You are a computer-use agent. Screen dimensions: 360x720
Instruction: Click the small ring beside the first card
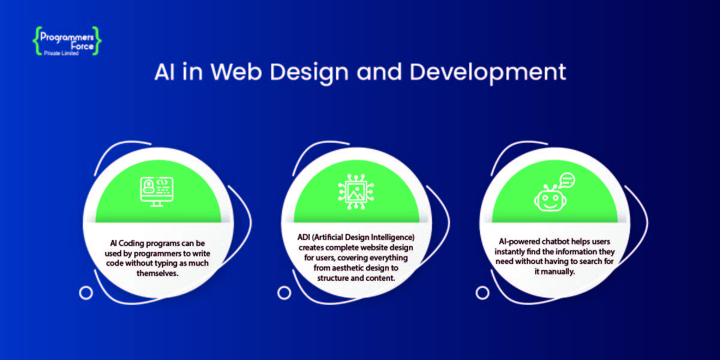(86, 293)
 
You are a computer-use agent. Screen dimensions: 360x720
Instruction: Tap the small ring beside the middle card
(284, 293)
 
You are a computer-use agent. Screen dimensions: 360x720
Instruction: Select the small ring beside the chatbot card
(482, 293)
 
